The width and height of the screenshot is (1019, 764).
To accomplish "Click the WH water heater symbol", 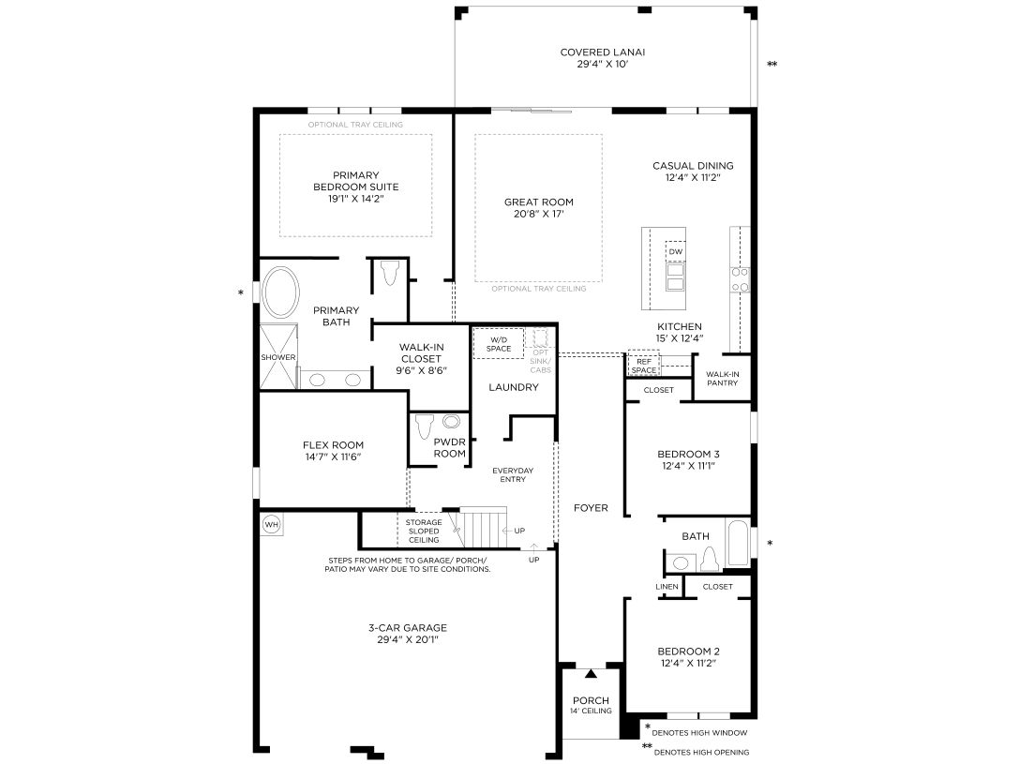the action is (272, 524).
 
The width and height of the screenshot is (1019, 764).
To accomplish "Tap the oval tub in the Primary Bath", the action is (280, 292).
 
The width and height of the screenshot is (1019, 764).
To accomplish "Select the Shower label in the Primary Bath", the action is (278, 357).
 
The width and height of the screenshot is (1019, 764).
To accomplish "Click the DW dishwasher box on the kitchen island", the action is (676, 251).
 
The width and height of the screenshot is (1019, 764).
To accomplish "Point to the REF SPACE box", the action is (643, 366).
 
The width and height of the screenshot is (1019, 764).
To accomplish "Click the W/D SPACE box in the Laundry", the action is (499, 344).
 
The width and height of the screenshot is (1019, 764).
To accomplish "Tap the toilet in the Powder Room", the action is (425, 427).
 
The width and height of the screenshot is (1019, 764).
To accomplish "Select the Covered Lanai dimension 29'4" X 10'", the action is (603, 65).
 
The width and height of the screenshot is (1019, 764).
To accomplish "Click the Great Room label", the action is (539, 202).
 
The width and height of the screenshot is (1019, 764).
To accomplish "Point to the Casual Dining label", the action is (693, 166).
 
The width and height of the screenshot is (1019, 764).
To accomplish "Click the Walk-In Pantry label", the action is (723, 379).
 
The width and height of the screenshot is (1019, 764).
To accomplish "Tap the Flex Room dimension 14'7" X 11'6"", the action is (333, 457).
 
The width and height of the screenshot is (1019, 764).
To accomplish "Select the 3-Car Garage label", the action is (408, 627).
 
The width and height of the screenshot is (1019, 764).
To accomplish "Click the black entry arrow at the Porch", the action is (591, 674).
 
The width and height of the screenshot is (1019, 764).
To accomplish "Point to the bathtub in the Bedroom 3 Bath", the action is (738, 542).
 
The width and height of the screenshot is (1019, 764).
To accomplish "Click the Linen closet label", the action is (667, 587).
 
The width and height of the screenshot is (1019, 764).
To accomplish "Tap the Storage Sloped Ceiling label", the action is (424, 531).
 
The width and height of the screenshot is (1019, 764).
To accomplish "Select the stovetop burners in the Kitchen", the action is (740, 279).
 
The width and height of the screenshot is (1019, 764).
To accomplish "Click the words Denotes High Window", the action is (699, 733).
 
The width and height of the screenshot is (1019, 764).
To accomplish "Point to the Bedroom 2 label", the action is (688, 651).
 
